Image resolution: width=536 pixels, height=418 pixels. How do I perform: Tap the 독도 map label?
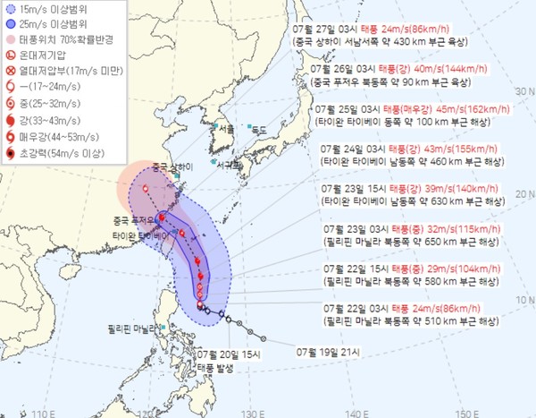tap(260, 130)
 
